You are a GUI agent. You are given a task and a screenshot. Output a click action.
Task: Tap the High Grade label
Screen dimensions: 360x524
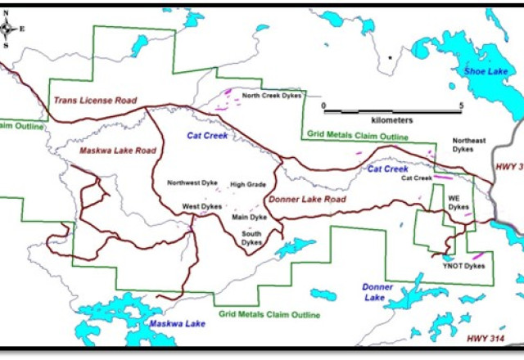[x=248, y=185]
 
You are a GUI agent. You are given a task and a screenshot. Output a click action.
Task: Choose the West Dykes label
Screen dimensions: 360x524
[x=201, y=206]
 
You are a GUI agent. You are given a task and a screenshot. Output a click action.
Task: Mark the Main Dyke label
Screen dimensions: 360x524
[x=250, y=217]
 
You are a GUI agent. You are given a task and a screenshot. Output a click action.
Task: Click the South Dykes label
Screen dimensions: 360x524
[x=251, y=237]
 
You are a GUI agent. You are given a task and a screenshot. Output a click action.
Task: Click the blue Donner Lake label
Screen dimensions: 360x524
[x=377, y=292]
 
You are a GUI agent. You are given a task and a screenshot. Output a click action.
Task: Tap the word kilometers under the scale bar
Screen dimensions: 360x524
[x=390, y=119]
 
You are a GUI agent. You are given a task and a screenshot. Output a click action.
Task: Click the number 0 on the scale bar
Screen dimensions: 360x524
[x=323, y=106]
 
